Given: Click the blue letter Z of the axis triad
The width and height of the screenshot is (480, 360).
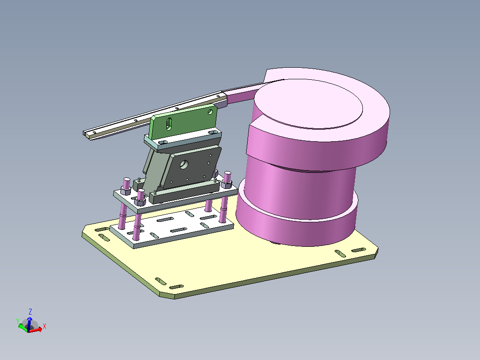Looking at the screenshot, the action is (30, 312).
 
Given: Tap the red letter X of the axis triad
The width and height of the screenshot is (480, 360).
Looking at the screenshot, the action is (45, 326).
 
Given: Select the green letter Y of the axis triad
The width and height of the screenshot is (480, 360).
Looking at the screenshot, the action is (18, 321).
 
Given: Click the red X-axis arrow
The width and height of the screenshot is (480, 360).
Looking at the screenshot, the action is (36, 330).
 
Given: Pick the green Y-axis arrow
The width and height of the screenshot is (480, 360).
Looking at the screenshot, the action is (23, 327).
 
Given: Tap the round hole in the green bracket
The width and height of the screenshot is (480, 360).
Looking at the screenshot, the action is (210, 112).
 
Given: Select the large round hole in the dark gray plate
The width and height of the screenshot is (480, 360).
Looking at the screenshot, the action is (184, 164).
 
